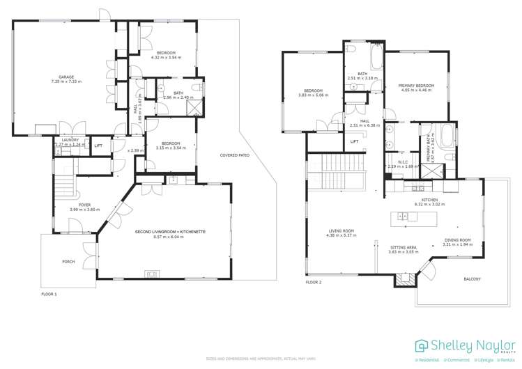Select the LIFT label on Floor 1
pos(98,146)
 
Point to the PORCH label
pos(68,262)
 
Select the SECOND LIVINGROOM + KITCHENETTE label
pos(174,231)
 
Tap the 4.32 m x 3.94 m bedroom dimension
pos(166,58)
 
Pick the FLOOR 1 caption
pos(49,295)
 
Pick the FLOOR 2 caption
pos(314,283)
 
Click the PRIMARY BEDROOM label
pos(417,86)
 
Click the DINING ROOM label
pos(458,241)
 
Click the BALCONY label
pos(472,279)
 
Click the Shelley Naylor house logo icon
pos(422,346)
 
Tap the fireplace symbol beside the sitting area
pos(402,278)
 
